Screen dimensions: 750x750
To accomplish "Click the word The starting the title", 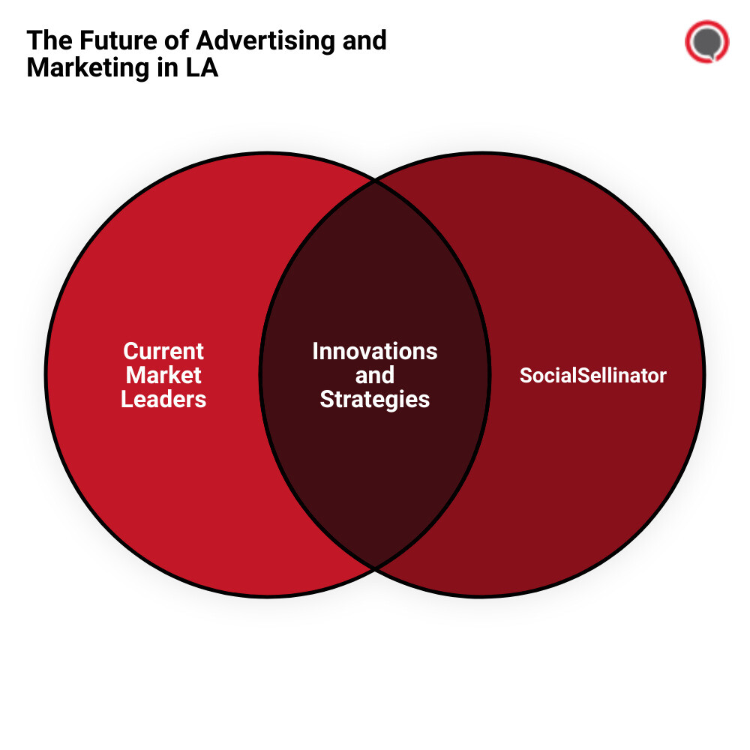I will coord(46,40).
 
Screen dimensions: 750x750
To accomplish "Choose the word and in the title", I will coord(364,40).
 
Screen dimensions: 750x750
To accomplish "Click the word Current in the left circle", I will coord(163,351).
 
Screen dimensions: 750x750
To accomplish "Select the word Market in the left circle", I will coord(163,375).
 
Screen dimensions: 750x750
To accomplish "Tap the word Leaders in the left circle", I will coord(163,399).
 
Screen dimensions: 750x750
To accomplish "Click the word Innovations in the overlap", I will coord(375,351).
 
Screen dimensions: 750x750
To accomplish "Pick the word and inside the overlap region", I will coord(375,375).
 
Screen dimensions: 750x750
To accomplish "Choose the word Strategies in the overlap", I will coord(375,399).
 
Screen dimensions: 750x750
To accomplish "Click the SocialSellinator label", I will coord(592,375).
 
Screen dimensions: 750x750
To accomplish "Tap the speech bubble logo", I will coord(706,42).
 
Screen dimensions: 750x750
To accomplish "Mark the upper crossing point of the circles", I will coord(375,180).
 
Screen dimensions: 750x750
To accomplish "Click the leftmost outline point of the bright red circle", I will coord(46,375).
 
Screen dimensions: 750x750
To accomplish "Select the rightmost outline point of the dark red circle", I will coord(704,375).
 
